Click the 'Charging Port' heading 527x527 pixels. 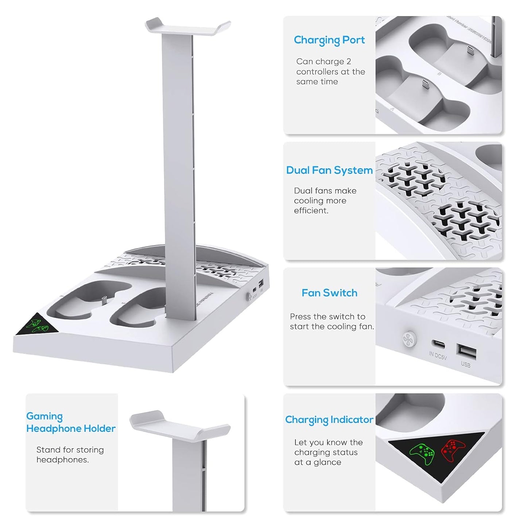pos(329,40)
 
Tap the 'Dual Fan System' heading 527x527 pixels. pos(329,170)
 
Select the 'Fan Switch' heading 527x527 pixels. pos(329,293)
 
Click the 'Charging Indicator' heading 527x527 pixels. pos(329,420)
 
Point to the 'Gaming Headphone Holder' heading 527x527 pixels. pos(71,422)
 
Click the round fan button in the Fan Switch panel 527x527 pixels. pos(408,339)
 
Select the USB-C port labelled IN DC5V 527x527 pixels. pos(438,344)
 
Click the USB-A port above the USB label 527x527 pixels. pos(466,352)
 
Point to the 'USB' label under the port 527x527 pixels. pos(465,364)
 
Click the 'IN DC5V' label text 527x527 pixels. pos(438,355)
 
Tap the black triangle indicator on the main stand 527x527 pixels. pos(37,325)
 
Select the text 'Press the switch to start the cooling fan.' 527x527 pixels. pos(332,321)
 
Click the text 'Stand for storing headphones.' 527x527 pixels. pos(70,454)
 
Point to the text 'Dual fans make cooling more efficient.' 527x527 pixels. pos(325,201)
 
